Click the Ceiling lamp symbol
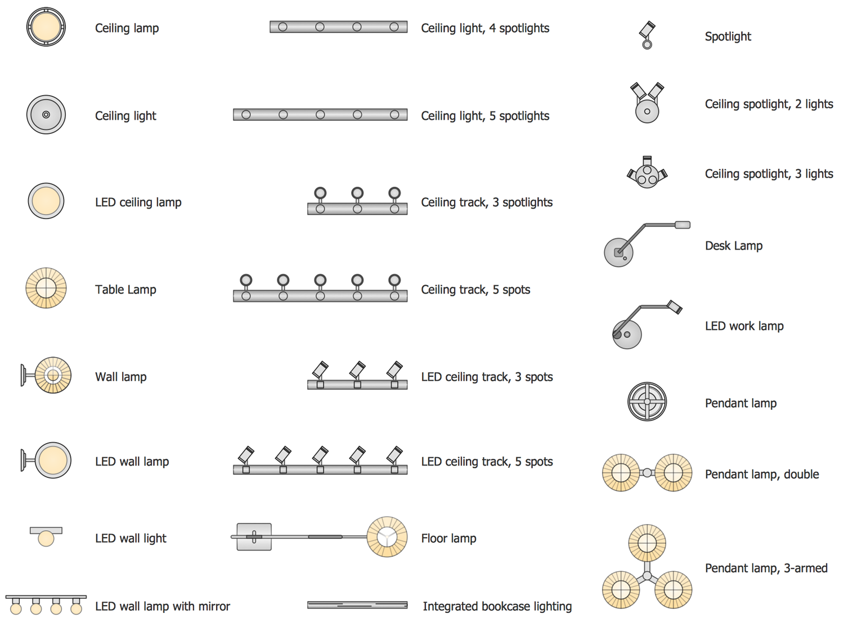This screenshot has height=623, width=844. pos(46,27)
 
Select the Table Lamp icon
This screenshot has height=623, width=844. pos(46,288)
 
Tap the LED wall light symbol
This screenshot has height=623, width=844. pos(46,536)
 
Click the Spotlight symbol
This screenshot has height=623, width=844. pos(647,35)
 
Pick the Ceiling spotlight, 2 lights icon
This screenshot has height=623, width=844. pos(647,103)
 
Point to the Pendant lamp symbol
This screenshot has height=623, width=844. pos(647,401)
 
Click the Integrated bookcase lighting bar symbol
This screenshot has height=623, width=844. pos(357,605)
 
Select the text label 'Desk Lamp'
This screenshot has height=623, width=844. pos(734,246)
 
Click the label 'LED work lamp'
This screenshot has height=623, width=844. pos(744,326)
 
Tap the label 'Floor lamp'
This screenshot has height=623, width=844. pos(448,539)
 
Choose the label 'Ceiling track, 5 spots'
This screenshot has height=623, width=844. pos(475,290)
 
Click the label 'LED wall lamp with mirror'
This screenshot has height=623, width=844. pos(163,606)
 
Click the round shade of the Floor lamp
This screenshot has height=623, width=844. pos(387,536)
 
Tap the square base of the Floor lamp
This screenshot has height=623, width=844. pos(254,537)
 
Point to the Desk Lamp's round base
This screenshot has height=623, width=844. pos(618,252)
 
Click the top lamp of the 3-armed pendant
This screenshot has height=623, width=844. pos(647,543)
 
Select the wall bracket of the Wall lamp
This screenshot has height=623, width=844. pos(24,376)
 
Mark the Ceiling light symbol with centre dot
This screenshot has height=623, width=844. pos(46,115)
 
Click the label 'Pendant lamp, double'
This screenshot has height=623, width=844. pos(762,474)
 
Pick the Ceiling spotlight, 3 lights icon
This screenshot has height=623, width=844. pos(647,173)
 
